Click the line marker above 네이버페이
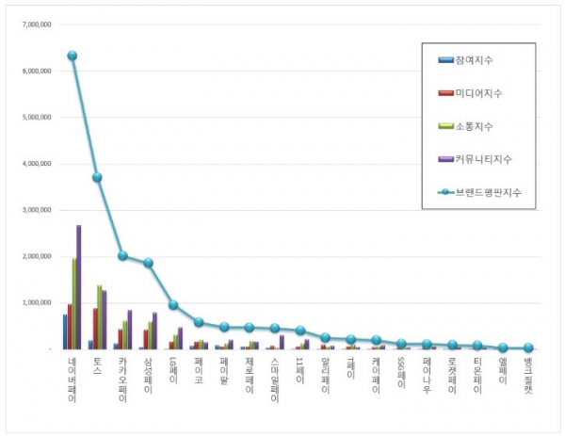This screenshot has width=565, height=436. point(72,56)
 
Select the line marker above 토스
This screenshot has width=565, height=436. point(97,177)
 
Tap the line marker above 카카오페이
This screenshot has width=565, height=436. point(122,255)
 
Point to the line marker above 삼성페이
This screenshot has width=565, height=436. point(148,263)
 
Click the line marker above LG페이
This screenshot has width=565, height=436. point(173,304)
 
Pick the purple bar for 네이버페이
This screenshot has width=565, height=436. point(78,287)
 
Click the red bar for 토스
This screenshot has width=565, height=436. point(95,329)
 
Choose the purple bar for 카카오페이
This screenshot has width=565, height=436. point(129,330)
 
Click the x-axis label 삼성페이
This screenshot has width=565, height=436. point(148,376)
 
